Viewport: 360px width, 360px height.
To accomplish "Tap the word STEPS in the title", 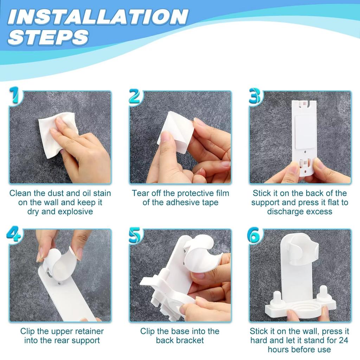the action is [x=48, y=37].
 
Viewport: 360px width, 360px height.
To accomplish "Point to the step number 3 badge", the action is [x=255, y=96].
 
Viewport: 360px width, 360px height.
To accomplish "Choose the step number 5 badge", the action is [x=136, y=235].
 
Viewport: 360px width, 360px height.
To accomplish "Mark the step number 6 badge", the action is [x=254, y=235].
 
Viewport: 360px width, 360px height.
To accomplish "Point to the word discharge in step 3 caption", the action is [x=284, y=211].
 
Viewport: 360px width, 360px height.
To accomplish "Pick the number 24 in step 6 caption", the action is [x=343, y=340].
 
